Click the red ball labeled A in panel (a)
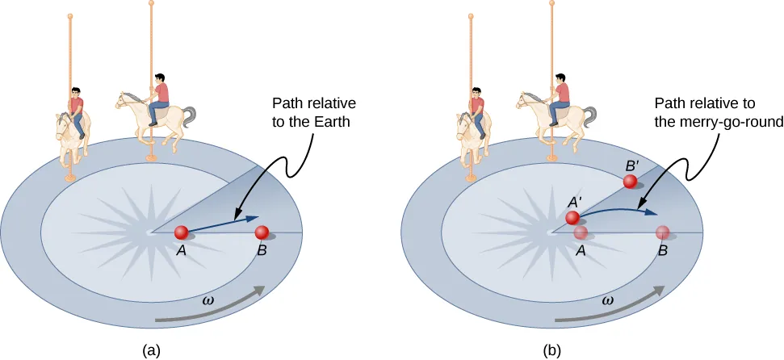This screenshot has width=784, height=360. tap(182, 233)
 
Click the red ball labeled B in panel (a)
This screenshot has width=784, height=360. tap(262, 233)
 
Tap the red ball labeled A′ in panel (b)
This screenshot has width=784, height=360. tap(572, 218)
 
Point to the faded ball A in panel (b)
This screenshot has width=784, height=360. tap(581, 233)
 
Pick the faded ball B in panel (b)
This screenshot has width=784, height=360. tap(662, 233)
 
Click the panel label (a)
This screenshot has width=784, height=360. tap(150, 350)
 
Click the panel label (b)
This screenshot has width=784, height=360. tap(553, 350)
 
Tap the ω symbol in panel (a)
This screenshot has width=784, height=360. tap(209, 301)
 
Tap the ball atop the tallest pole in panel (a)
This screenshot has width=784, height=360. tap(150, 3)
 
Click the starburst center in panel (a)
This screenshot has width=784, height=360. tap(149, 232)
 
